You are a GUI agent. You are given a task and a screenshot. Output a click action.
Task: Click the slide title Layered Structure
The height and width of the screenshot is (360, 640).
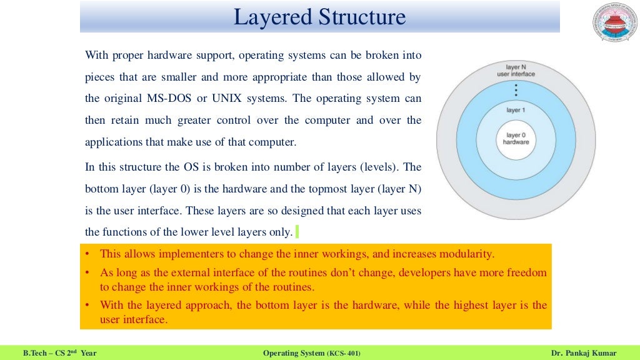tap(319, 17)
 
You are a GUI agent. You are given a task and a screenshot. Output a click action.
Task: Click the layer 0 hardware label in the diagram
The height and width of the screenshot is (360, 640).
tap(516, 138)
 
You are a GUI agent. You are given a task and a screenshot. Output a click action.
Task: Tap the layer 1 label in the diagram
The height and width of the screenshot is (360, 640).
tap(515, 109)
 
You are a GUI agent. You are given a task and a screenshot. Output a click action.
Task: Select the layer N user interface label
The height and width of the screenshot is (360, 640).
tap(516, 70)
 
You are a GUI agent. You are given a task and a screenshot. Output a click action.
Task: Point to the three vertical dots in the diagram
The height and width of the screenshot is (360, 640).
tap(516, 90)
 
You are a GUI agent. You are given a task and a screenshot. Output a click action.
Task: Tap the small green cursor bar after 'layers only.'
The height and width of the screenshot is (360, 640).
tap(297, 232)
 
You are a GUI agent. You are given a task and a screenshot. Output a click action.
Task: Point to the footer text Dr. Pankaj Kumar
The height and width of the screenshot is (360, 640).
tap(582, 354)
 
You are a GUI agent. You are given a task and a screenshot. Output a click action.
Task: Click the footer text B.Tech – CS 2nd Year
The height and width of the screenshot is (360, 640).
tap(59, 354)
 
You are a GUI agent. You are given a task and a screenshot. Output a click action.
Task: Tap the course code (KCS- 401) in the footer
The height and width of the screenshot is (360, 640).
tap(343, 354)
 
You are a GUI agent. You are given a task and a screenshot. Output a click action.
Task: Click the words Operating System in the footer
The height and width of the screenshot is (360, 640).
tap(294, 354)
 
